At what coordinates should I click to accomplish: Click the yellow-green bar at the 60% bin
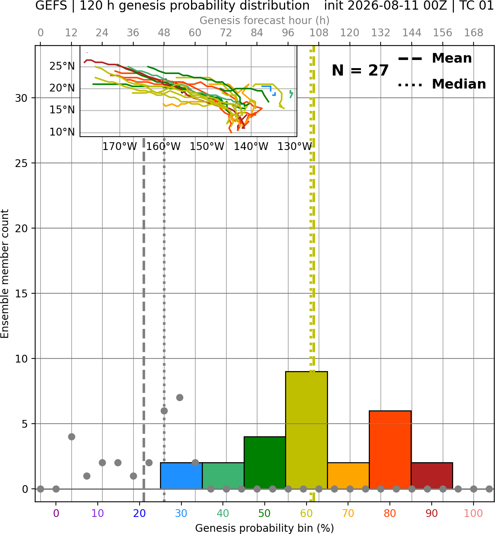click(x=306, y=430)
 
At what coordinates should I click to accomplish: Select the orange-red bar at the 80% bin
click(x=390, y=450)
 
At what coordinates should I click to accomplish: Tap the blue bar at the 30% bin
click(x=181, y=475)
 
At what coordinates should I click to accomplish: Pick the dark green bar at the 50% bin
click(x=265, y=463)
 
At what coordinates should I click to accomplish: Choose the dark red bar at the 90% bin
click(x=432, y=475)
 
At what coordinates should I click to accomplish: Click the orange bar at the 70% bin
click(x=348, y=475)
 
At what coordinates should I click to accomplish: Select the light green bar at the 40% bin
click(x=223, y=475)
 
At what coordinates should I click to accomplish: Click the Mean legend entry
click(x=435, y=58)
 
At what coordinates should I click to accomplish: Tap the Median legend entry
click(x=442, y=84)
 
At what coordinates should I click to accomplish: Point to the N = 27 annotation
click(x=360, y=70)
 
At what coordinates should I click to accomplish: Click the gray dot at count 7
click(x=180, y=397)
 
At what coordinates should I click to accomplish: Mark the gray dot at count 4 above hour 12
click(x=71, y=437)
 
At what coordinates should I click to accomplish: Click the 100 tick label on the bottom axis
click(x=474, y=513)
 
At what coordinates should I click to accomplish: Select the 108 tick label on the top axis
click(x=319, y=33)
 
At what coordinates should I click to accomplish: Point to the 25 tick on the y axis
click(x=21, y=163)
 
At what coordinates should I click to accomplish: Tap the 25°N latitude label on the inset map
click(x=62, y=66)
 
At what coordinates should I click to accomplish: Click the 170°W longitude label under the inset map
click(x=120, y=147)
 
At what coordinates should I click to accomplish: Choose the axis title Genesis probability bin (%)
click(x=265, y=528)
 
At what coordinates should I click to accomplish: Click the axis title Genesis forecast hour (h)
click(x=265, y=20)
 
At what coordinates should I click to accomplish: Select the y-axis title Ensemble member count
click(x=5, y=274)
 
